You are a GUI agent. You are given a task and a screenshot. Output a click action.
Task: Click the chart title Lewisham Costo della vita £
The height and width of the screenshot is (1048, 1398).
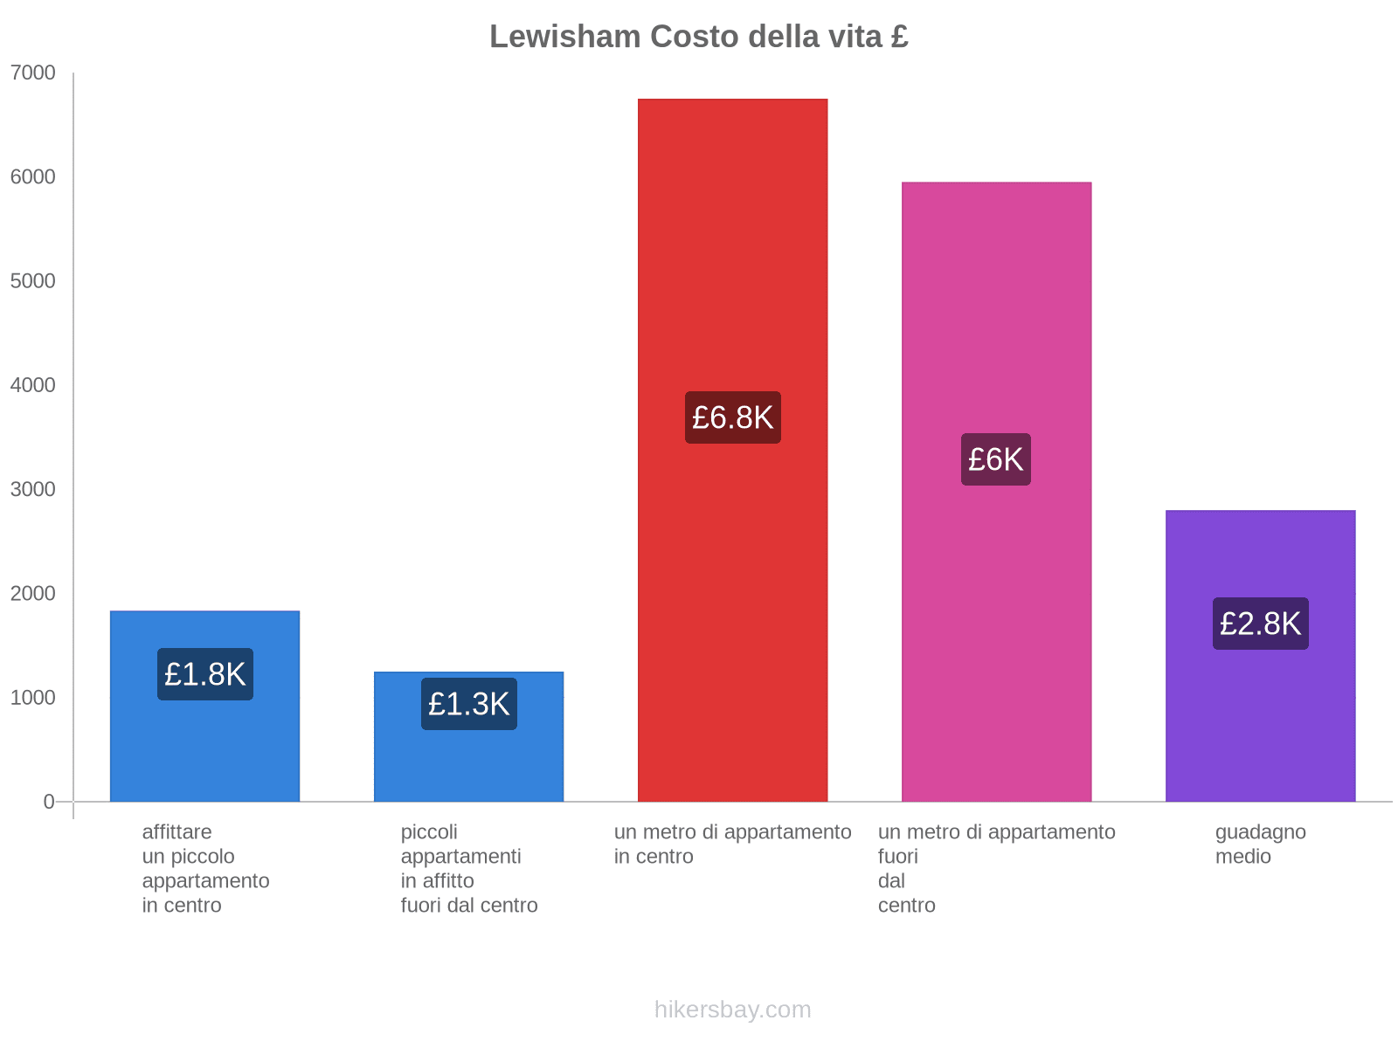(x=699, y=37)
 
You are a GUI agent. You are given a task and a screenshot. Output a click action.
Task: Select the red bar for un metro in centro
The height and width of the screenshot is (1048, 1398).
(x=732, y=262)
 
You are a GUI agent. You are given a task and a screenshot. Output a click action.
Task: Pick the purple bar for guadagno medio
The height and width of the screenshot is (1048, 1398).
(x=1260, y=716)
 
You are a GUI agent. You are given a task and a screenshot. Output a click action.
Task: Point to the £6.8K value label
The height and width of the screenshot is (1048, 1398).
(x=732, y=417)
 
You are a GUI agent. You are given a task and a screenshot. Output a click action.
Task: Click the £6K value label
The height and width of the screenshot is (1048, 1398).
(x=996, y=459)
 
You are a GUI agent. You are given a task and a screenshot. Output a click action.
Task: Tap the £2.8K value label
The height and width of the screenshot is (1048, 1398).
(x=1260, y=624)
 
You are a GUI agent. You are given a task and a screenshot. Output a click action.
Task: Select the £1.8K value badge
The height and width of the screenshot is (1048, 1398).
(x=204, y=674)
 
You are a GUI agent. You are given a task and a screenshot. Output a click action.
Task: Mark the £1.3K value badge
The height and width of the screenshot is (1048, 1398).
(x=468, y=704)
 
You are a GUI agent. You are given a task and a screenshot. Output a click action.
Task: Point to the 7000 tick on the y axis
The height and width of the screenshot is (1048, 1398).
(x=33, y=73)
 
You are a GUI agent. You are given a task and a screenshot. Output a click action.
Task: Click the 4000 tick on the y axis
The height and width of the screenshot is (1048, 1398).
(x=33, y=385)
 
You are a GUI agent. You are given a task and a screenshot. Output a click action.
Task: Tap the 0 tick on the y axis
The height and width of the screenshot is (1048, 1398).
(x=49, y=802)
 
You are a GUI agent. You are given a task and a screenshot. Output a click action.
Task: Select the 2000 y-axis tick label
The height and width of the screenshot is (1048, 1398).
(x=33, y=594)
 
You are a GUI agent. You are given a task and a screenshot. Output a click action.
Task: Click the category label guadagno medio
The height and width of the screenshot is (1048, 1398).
(x=1260, y=844)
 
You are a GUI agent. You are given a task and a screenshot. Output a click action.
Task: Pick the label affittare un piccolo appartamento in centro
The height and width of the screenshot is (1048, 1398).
(x=205, y=868)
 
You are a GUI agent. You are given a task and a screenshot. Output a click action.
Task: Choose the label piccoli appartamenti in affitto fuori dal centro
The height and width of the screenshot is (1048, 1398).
(x=468, y=868)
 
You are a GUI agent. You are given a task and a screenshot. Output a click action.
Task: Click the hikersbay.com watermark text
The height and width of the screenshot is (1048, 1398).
(x=732, y=1010)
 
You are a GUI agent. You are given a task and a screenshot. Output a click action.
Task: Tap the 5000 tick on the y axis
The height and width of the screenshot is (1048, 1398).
(x=33, y=281)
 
